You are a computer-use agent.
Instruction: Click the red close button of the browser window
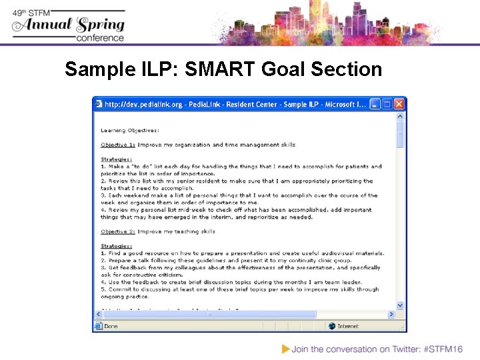click(x=399, y=104)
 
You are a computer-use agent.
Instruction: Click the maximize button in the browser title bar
click(x=387, y=104)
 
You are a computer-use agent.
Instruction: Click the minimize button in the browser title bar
click(x=375, y=104)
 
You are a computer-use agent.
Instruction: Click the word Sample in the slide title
click(x=94, y=69)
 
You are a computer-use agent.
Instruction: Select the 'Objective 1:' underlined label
click(x=118, y=145)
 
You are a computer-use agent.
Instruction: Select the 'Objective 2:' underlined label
click(x=118, y=231)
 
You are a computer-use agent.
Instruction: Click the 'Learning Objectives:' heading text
click(x=130, y=130)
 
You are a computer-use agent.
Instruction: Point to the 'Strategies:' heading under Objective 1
click(x=117, y=159)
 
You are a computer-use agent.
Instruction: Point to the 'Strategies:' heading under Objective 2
click(x=117, y=246)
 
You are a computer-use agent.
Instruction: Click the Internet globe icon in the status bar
click(x=331, y=326)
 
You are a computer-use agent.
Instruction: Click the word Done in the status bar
click(x=111, y=326)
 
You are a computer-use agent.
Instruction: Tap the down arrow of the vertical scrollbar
click(x=400, y=305)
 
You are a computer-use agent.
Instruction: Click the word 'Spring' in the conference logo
click(x=101, y=25)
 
